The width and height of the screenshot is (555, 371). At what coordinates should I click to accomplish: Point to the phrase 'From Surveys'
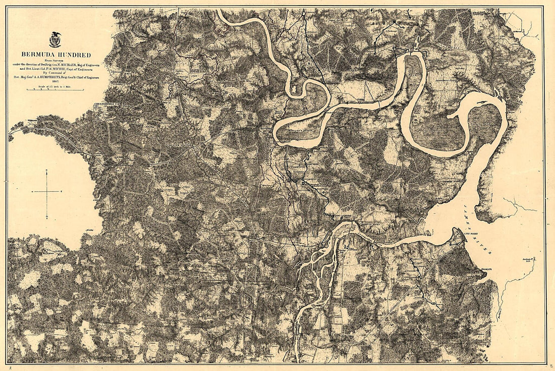(x=55, y=60)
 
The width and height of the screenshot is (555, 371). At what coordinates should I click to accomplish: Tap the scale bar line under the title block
(x=55, y=89)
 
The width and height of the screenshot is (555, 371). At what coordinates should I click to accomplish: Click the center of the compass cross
(x=47, y=192)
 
